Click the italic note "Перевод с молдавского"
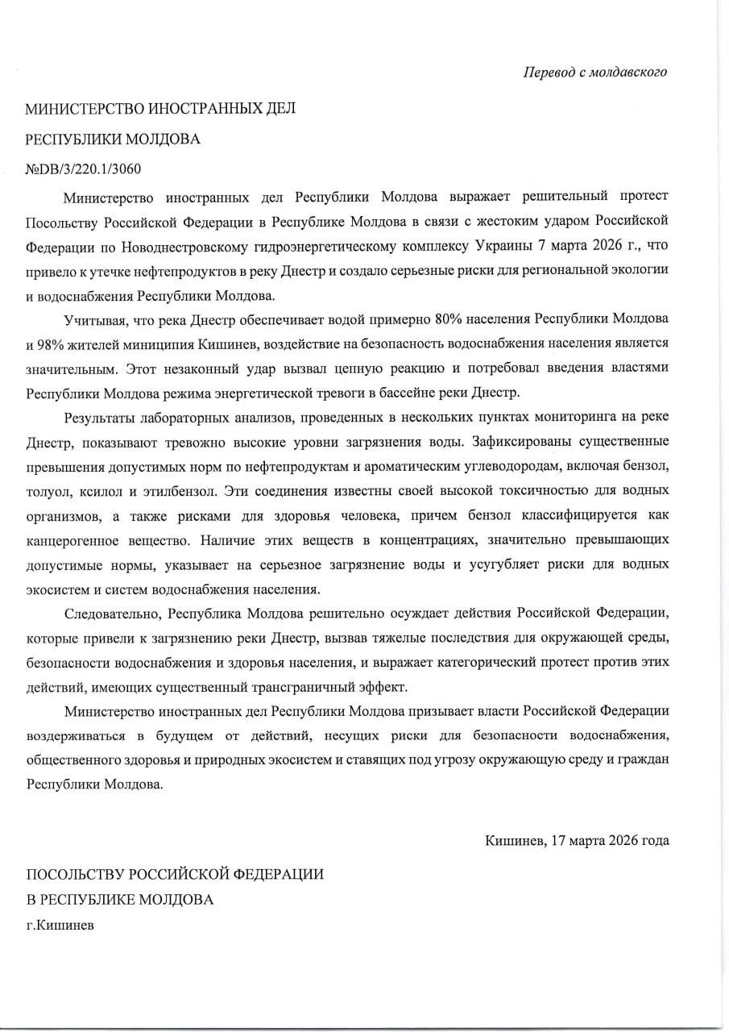[x=595, y=73]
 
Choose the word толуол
[x=46, y=490]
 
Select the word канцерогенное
[x=72, y=539]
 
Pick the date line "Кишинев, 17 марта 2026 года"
[x=577, y=840]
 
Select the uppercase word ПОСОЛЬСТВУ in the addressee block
[x=81, y=874]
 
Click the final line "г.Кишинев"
[x=60, y=926]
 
